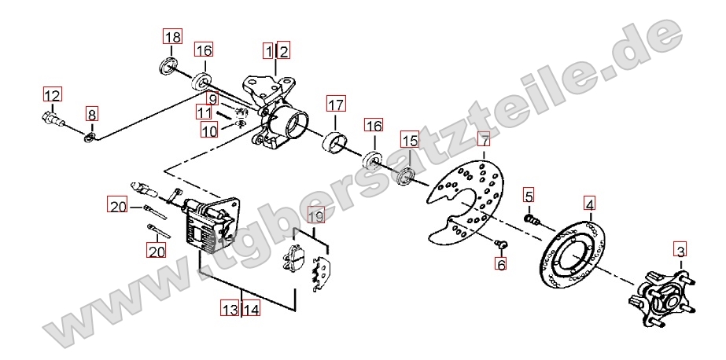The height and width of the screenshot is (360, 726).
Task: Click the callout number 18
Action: tap(171, 37)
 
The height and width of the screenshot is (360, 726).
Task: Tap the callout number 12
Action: tap(53, 94)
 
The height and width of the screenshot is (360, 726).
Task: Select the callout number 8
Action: tap(92, 114)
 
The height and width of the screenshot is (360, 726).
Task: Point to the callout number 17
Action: tap(336, 104)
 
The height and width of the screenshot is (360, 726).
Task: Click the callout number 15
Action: tap(410, 140)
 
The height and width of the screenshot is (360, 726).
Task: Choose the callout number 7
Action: tap(484, 139)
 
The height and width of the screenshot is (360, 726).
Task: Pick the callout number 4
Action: tap(589, 204)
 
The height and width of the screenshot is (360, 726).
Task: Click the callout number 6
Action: tap(500, 264)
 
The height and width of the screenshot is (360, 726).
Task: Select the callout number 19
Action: tap(315, 215)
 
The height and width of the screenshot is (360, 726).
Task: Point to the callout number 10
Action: tap(209, 130)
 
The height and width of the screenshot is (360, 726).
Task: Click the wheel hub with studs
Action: tap(662, 299)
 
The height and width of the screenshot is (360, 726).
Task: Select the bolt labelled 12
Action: tap(53, 119)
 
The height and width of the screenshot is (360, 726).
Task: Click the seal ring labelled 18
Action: tap(168, 65)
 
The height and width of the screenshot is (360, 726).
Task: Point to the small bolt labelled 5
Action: tap(532, 219)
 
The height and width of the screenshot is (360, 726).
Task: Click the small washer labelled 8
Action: tap(90, 137)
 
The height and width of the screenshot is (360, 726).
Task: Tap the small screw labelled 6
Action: tap(500, 244)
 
